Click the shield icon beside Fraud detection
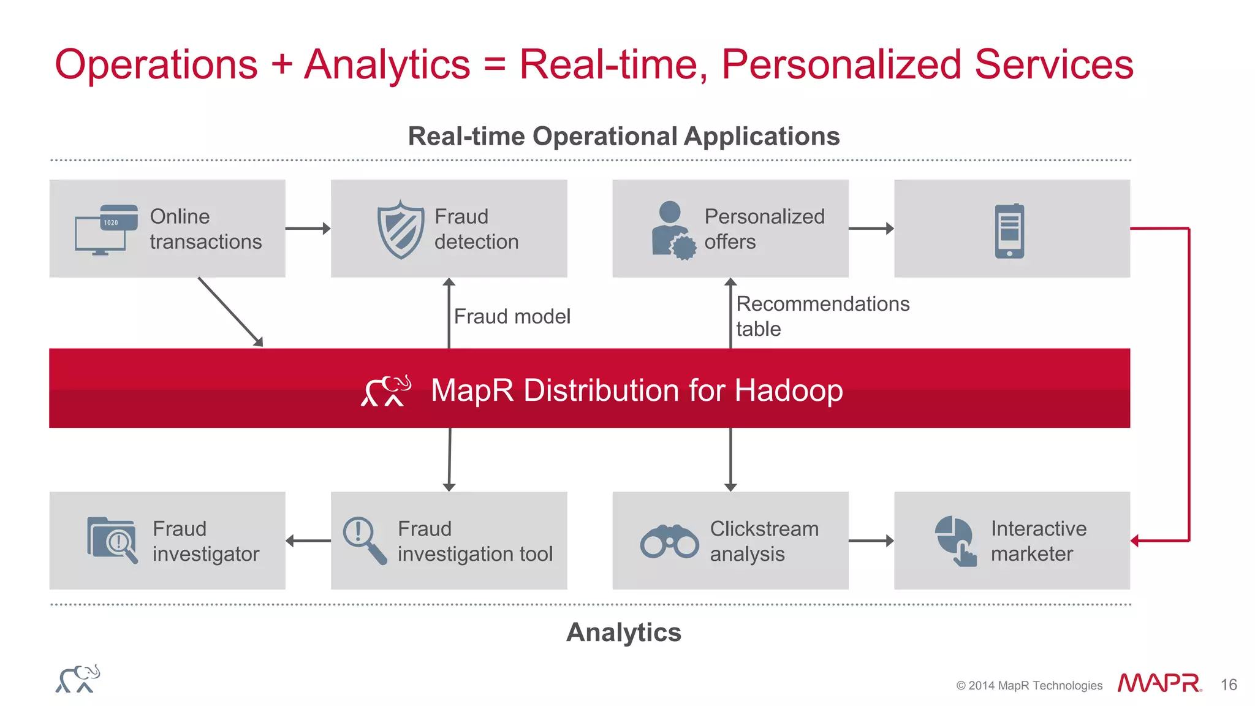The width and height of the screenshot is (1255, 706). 401,229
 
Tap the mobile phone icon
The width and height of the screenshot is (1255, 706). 1009,230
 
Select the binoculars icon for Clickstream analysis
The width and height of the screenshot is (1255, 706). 669,541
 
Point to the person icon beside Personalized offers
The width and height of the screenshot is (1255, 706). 673,230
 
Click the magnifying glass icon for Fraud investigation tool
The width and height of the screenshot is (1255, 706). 365,540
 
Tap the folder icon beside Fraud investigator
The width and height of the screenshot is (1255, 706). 112,540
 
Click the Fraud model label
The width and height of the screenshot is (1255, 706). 512,316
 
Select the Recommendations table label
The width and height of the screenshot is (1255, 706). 822,316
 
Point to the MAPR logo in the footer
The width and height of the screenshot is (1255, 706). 1159,683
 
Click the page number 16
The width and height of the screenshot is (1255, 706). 1229,685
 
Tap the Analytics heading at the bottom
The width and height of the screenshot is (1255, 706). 623,632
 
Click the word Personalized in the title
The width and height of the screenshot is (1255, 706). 841,64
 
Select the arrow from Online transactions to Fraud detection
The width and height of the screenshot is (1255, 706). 308,229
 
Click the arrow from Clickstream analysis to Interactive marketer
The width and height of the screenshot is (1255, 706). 871,541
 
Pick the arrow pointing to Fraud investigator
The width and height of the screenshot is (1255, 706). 308,541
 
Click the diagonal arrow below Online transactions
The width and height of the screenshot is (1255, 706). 230,311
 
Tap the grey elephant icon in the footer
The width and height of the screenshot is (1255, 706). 78,678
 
